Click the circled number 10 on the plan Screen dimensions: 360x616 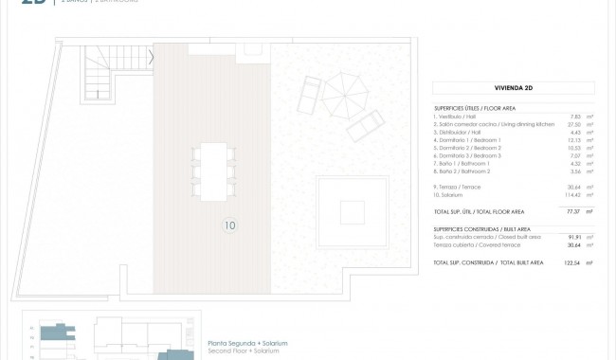[x=230, y=225]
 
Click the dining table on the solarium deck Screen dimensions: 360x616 [x=213, y=171]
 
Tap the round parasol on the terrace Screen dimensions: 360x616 [x=344, y=96]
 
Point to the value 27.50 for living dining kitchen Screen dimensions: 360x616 [x=573, y=124]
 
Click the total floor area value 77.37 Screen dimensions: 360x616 [x=573, y=211]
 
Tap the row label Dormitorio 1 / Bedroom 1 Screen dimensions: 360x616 [x=467, y=140]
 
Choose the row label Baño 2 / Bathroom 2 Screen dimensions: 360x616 [x=462, y=171]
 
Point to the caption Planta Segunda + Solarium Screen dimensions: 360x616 [x=247, y=343]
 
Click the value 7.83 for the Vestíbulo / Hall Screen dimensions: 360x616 [x=575, y=117]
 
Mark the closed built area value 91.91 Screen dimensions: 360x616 [x=573, y=237]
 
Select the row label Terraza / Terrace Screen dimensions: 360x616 [x=457, y=187]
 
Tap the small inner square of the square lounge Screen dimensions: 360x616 [x=352, y=211]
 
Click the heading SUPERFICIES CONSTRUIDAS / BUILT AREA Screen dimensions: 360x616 [x=481, y=228]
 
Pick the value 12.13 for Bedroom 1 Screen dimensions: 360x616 [x=573, y=140]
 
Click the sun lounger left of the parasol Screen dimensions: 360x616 [x=310, y=96]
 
